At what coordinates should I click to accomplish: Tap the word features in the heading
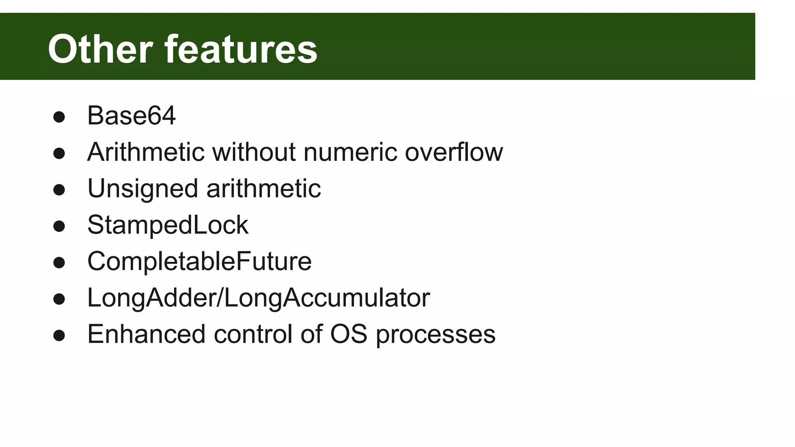[241, 49]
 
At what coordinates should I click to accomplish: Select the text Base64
[131, 116]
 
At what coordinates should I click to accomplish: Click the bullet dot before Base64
[59, 117]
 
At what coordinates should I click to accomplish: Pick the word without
[254, 152]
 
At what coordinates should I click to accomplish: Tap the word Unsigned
[142, 189]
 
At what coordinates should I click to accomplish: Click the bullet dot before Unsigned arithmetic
[59, 190]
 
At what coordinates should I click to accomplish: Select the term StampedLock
[168, 225]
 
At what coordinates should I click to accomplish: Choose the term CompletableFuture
[199, 261]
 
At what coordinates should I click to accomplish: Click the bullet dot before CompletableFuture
[59, 263]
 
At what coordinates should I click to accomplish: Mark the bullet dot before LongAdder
[59, 299]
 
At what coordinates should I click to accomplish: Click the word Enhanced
[146, 334]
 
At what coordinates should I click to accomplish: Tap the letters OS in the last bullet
[348, 334]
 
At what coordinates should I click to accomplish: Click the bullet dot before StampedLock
[59, 226]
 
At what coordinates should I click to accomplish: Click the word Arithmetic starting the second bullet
[146, 152]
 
